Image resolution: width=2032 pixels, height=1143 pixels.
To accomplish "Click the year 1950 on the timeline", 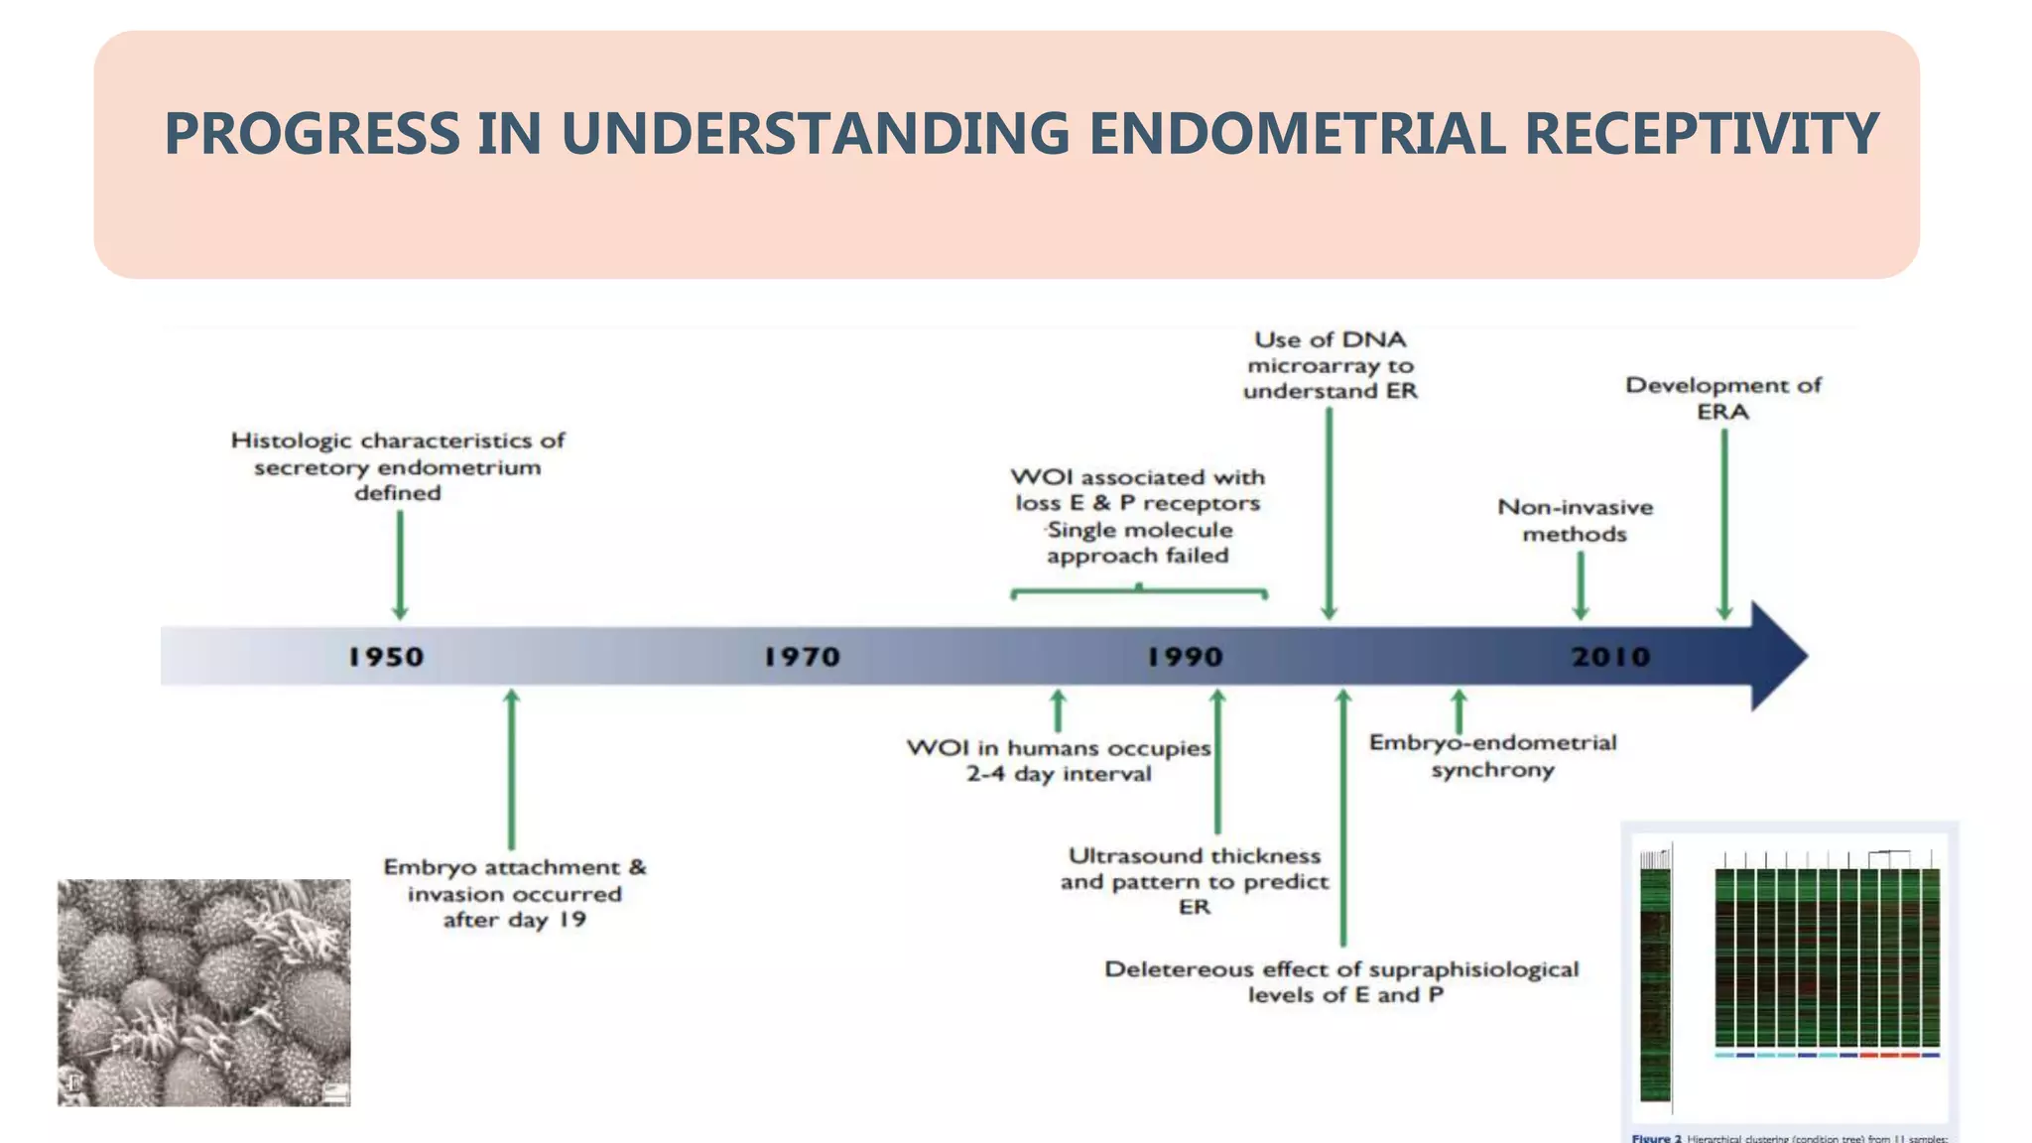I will (x=386, y=657).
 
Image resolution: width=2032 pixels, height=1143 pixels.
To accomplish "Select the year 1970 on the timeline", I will (x=802, y=657).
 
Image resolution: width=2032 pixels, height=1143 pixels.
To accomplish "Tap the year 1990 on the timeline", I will (x=1185, y=657).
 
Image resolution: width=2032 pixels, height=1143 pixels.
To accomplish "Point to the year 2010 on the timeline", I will (x=1610, y=657).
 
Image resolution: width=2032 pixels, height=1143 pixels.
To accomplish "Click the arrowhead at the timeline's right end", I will (x=1781, y=656).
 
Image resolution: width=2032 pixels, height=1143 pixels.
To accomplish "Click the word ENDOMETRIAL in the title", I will (x=1296, y=134).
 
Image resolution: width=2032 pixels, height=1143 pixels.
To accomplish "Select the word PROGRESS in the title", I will (x=312, y=134).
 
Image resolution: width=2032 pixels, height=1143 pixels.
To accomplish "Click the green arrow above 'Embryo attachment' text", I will (x=512, y=769).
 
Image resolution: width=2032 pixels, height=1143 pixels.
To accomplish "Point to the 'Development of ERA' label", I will (x=1722, y=398).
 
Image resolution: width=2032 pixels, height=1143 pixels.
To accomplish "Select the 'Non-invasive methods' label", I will (x=1575, y=521).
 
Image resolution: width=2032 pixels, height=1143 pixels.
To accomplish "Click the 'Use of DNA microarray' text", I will (x=1330, y=365).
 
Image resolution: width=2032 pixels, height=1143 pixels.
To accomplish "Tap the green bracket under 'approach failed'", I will (x=1139, y=593).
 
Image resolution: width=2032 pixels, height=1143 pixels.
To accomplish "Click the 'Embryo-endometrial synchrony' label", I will (x=1492, y=756).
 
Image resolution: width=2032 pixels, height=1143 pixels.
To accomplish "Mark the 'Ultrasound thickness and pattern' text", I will (x=1195, y=881).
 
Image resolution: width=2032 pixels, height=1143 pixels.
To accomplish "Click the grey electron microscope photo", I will (x=203, y=992).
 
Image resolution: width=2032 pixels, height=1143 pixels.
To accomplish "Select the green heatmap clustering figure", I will (x=1790, y=977).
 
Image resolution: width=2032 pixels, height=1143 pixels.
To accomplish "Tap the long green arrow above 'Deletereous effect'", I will (x=1343, y=819).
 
